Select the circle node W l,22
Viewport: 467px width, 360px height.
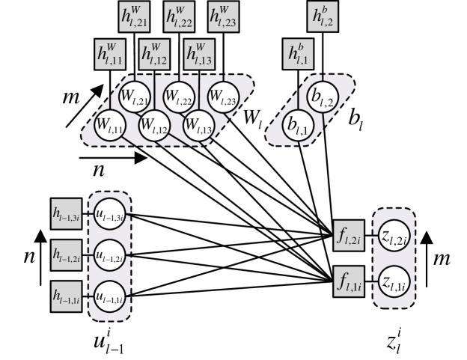180,97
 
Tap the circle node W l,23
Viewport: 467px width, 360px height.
223,97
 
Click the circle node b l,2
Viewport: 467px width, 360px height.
323,97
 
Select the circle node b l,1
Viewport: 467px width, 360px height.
299,123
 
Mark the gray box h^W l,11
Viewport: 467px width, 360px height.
111,55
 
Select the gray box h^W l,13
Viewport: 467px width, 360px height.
199,55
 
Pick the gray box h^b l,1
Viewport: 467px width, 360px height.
299,55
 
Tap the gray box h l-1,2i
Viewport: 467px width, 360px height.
65,256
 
